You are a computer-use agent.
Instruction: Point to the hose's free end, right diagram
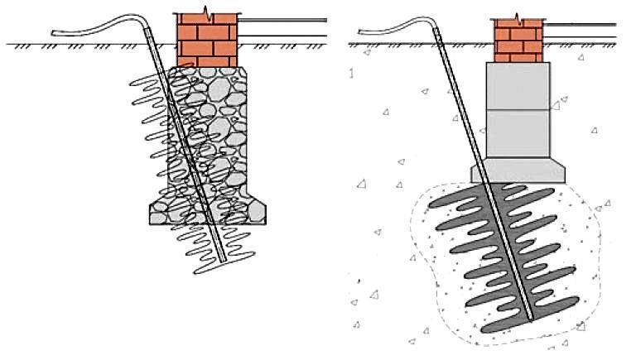click(362, 33)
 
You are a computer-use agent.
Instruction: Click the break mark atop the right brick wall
click(518, 17)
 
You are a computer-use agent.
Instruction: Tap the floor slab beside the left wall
click(273, 29)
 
